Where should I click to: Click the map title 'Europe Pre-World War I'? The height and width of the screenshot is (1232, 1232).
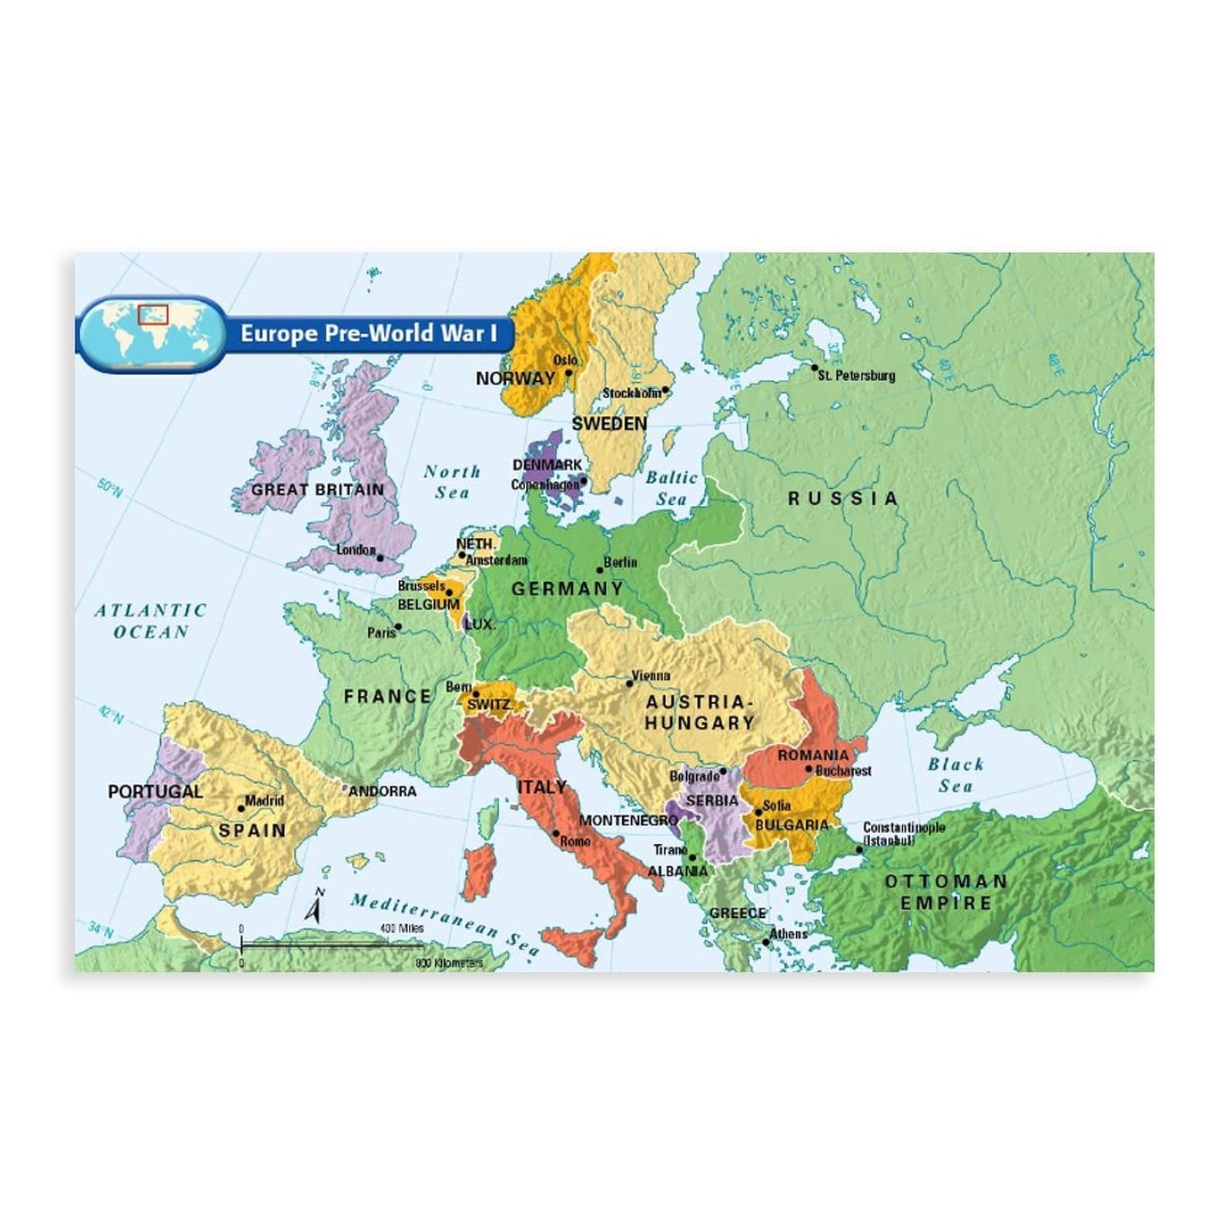[368, 333]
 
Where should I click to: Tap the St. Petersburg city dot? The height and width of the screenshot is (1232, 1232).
[815, 368]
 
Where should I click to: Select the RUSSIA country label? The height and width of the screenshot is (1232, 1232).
[843, 499]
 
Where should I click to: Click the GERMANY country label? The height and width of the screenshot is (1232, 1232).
[567, 589]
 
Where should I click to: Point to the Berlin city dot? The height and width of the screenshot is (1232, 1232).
[600, 571]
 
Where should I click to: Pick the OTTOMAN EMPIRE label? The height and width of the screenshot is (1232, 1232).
[946, 892]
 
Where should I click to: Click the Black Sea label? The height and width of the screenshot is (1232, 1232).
[956, 775]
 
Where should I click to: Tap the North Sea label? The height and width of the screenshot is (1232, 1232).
[452, 482]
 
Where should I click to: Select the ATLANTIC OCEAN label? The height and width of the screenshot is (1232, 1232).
[151, 621]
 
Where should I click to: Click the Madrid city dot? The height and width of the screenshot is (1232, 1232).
[241, 808]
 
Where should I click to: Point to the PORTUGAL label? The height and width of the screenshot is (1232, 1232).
[155, 792]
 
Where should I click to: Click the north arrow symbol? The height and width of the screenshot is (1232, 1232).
[313, 909]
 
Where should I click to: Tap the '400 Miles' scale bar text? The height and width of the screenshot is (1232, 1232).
[402, 929]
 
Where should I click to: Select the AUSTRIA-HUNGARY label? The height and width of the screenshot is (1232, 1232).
[699, 712]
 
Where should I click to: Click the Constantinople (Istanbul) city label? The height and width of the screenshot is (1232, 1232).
[904, 833]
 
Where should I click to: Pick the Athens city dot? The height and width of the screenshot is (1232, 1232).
[766, 942]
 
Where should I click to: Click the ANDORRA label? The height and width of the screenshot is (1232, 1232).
[383, 792]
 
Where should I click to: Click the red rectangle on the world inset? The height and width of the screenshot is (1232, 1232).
[152, 315]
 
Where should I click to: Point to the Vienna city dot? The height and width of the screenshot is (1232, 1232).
[629, 683]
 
